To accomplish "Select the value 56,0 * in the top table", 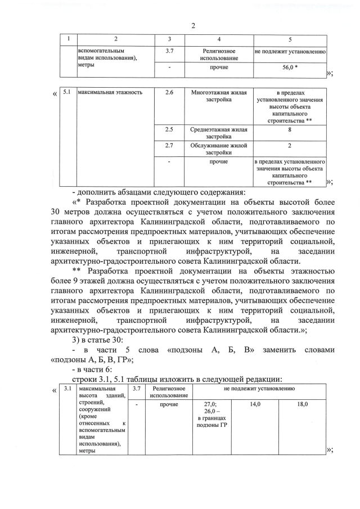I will [290, 67].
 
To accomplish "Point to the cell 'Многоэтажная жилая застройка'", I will [219, 96].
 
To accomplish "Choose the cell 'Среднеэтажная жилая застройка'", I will [219, 133].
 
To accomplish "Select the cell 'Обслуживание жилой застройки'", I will [219, 149].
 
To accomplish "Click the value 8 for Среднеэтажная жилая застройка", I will [289, 129].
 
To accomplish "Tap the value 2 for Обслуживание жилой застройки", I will [289, 146].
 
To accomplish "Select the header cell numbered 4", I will [219, 39].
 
